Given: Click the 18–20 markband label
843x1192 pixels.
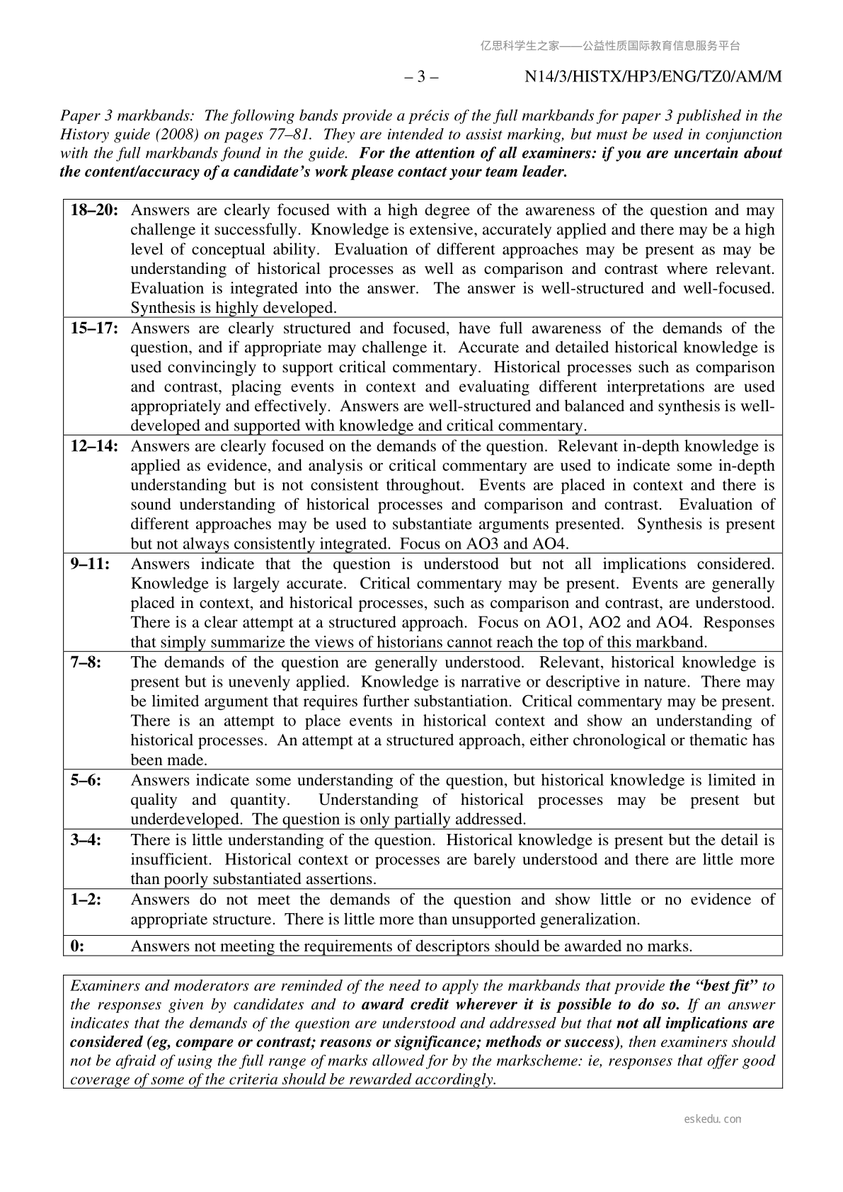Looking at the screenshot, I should pos(94,210).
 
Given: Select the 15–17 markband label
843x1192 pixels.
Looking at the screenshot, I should pos(94,328).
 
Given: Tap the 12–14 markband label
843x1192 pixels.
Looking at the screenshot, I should pos(94,447).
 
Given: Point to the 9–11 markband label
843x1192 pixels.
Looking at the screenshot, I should pos(90,565).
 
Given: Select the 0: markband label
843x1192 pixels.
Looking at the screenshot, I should pos(77,946).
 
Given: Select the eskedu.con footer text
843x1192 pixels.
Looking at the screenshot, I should pos(713,1119).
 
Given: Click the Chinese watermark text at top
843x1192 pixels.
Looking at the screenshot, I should pos(610,46).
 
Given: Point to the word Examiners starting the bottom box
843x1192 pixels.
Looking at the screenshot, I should pos(102,986).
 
